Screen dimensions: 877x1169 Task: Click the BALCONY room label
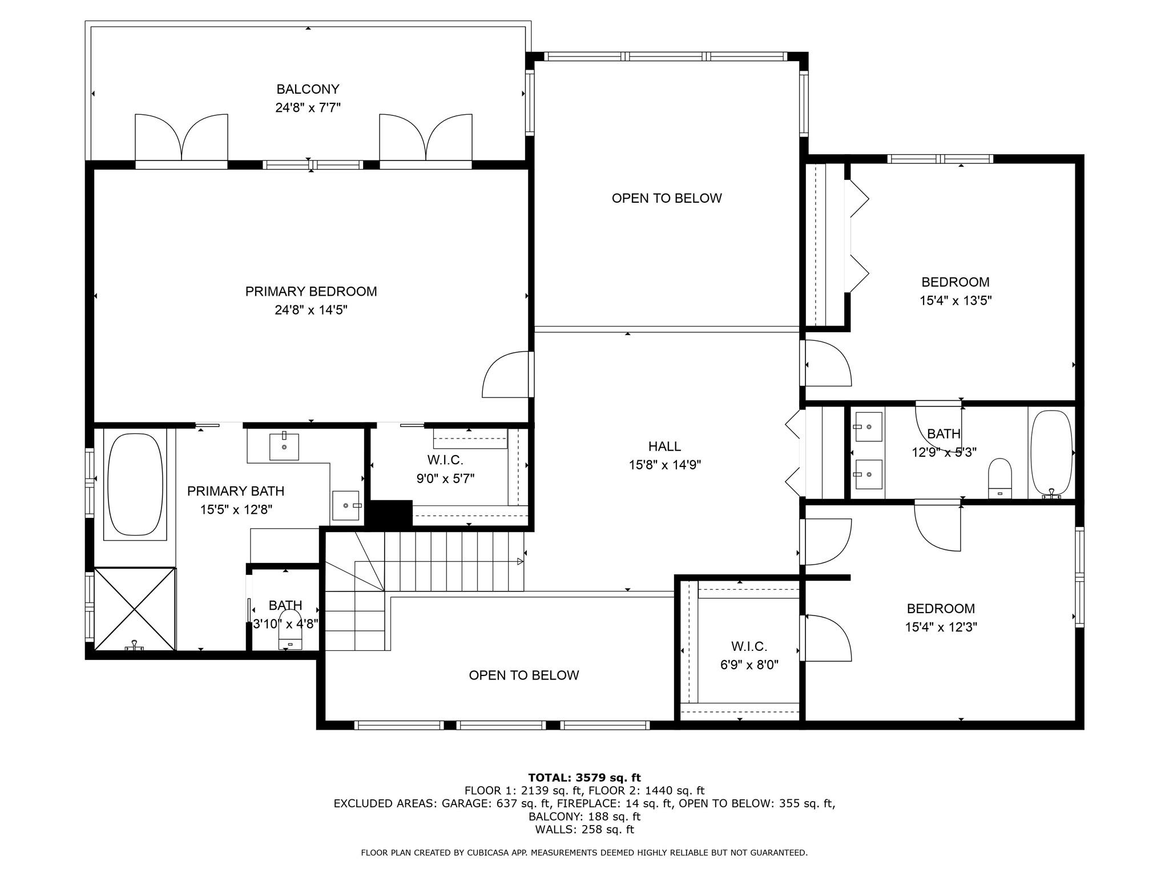tap(308, 89)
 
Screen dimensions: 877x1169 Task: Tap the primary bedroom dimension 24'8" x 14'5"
tap(311, 310)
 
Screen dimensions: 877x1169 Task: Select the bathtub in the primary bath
tap(135, 484)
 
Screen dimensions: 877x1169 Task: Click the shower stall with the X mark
tap(135, 609)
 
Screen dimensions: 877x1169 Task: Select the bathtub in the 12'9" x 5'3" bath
tap(1051, 452)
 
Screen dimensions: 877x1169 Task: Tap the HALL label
tap(664, 446)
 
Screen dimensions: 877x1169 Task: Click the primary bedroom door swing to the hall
tap(505, 375)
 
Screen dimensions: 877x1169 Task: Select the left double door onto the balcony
tap(182, 138)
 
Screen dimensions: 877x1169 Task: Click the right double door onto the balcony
tap(426, 138)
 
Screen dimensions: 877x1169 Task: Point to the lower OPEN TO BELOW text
tap(523, 675)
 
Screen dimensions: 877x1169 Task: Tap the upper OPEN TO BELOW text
tap(667, 198)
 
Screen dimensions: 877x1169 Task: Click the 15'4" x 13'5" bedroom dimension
tap(955, 300)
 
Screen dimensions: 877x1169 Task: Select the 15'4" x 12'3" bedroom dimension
tap(941, 627)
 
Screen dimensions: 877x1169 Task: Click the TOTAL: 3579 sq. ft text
tap(584, 778)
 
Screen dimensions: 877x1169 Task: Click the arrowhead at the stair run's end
tap(519, 562)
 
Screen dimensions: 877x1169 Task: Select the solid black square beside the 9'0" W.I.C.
tap(389, 514)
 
